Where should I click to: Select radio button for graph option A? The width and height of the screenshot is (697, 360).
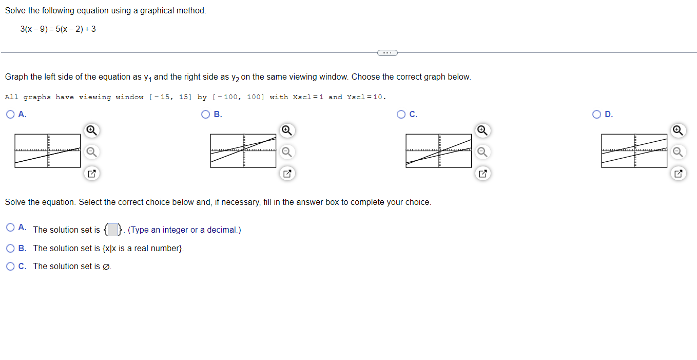(10, 115)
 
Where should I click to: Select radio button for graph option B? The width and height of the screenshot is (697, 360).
(206, 115)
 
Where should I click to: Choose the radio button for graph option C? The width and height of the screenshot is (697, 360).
(401, 115)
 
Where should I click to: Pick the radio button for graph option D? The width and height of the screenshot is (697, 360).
(596, 115)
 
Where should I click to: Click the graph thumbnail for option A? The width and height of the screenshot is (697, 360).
(48, 151)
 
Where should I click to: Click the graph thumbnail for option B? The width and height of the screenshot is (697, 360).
(243, 151)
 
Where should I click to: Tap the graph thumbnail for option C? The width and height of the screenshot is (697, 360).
(439, 151)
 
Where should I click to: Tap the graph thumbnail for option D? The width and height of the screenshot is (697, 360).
(634, 151)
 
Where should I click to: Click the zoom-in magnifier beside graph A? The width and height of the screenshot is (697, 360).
(91, 130)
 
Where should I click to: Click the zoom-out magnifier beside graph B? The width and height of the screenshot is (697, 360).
(287, 151)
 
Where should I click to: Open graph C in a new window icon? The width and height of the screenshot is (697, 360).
(482, 174)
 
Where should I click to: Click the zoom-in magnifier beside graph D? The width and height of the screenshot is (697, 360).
(678, 130)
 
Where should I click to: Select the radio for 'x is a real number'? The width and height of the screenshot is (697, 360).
(10, 249)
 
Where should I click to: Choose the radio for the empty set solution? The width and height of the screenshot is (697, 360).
(10, 267)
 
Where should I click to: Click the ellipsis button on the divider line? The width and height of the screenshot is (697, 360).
(387, 52)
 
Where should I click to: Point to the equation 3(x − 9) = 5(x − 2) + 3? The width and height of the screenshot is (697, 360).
(58, 29)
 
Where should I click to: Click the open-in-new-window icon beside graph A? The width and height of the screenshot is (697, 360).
(91, 174)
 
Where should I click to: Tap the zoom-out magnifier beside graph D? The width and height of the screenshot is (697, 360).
(678, 151)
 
